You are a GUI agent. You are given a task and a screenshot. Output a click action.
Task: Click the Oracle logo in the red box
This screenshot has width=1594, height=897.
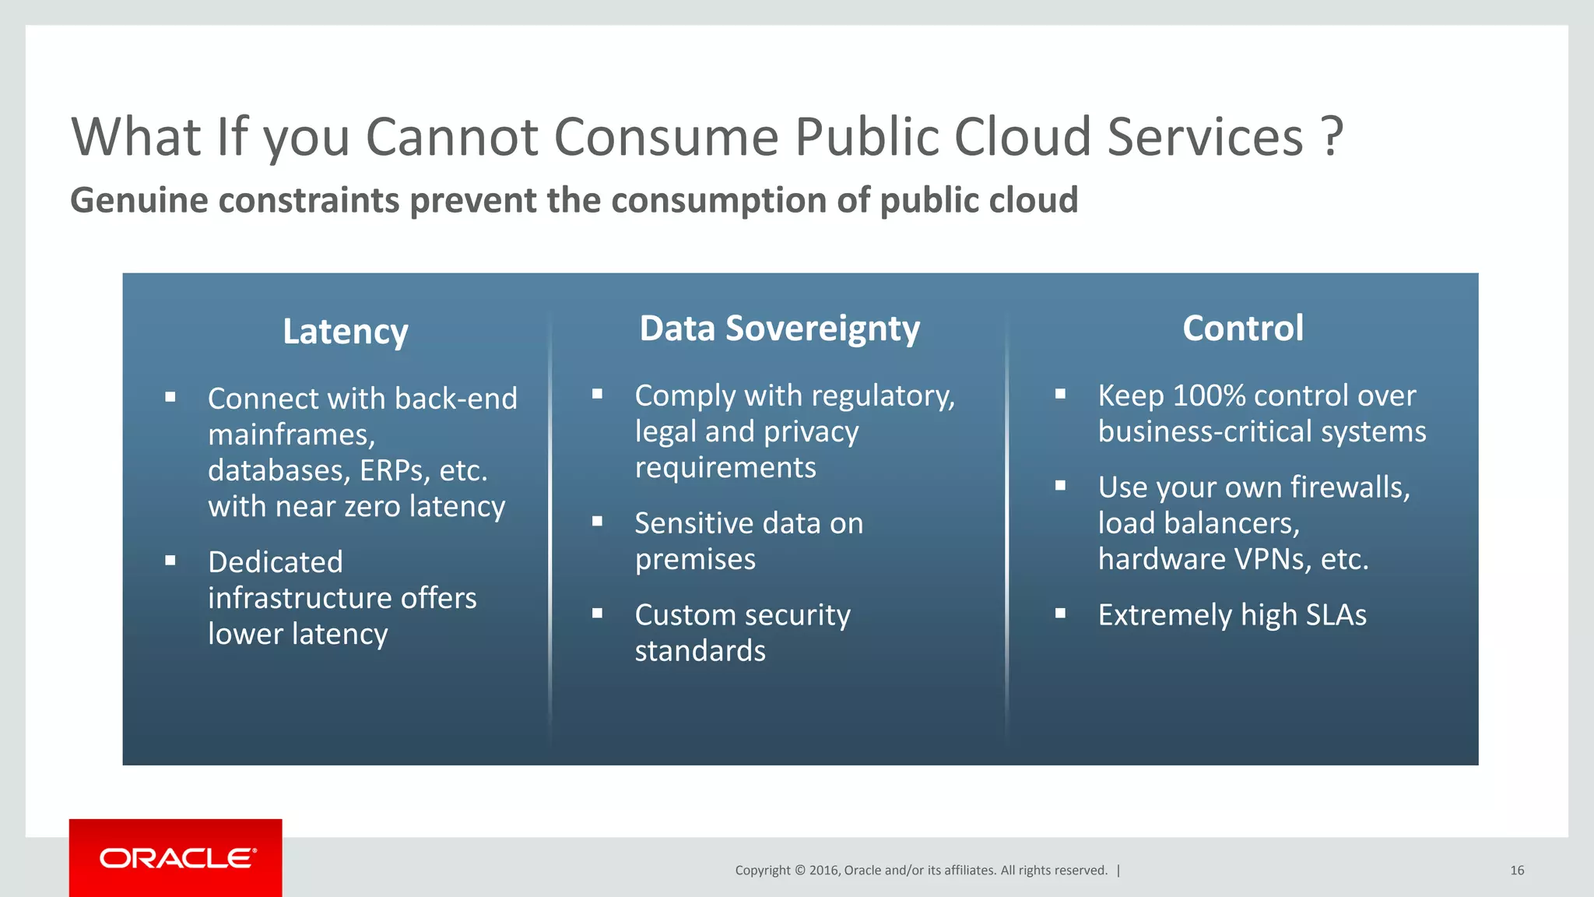[177, 858]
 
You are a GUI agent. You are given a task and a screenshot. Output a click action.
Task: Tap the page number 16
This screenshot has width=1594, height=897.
[1516, 871]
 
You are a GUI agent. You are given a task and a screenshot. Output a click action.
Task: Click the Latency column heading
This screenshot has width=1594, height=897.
[345, 332]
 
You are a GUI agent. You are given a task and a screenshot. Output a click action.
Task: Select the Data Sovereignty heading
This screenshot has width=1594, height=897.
[779, 329]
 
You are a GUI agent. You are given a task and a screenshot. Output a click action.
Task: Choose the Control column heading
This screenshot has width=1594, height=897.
[1242, 329]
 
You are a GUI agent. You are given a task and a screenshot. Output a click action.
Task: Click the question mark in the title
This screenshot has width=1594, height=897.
[1332, 136]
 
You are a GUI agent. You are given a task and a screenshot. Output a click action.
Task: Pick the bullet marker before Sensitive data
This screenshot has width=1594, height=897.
[597, 522]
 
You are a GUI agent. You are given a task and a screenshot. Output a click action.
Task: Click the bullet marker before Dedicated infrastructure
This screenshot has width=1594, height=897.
[170, 561]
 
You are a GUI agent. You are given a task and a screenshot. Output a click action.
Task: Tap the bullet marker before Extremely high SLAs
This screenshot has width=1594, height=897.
[1060, 614]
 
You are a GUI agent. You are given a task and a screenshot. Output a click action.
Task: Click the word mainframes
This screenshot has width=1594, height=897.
[291, 434]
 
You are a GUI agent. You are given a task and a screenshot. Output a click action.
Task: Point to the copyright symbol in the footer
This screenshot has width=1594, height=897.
[799, 871]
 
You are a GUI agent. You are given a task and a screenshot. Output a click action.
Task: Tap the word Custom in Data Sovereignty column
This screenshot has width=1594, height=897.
[679, 615]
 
